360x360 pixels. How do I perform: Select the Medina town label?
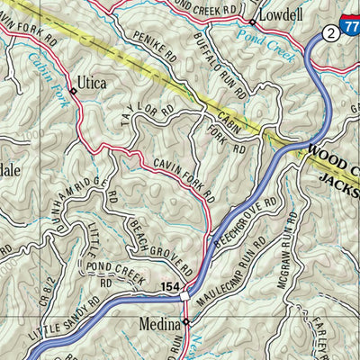click(160, 321)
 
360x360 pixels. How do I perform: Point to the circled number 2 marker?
click(331, 32)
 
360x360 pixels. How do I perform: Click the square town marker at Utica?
click(73, 91)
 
